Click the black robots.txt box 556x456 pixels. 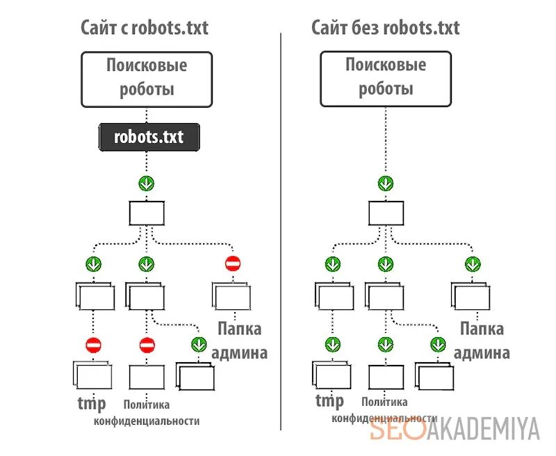[x=149, y=137]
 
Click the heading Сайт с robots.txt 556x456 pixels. [x=144, y=28]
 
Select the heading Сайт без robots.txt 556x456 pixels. [x=385, y=28]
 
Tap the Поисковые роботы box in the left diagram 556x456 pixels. [x=147, y=78]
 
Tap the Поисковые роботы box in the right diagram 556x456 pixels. [x=385, y=78]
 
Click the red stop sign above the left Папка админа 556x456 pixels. [x=233, y=264]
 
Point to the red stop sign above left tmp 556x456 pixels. [x=93, y=345]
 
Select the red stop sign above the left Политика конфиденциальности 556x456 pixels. [x=147, y=345]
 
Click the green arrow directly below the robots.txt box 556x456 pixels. [x=147, y=184]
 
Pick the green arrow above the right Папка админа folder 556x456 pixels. [x=472, y=264]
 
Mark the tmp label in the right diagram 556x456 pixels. [x=329, y=401]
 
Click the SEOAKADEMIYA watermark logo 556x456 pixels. [x=455, y=430]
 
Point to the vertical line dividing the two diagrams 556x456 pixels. [x=281, y=229]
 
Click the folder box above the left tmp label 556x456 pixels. [x=92, y=375]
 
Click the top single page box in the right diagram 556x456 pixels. [x=385, y=213]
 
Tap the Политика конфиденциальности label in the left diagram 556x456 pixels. [x=147, y=412]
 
